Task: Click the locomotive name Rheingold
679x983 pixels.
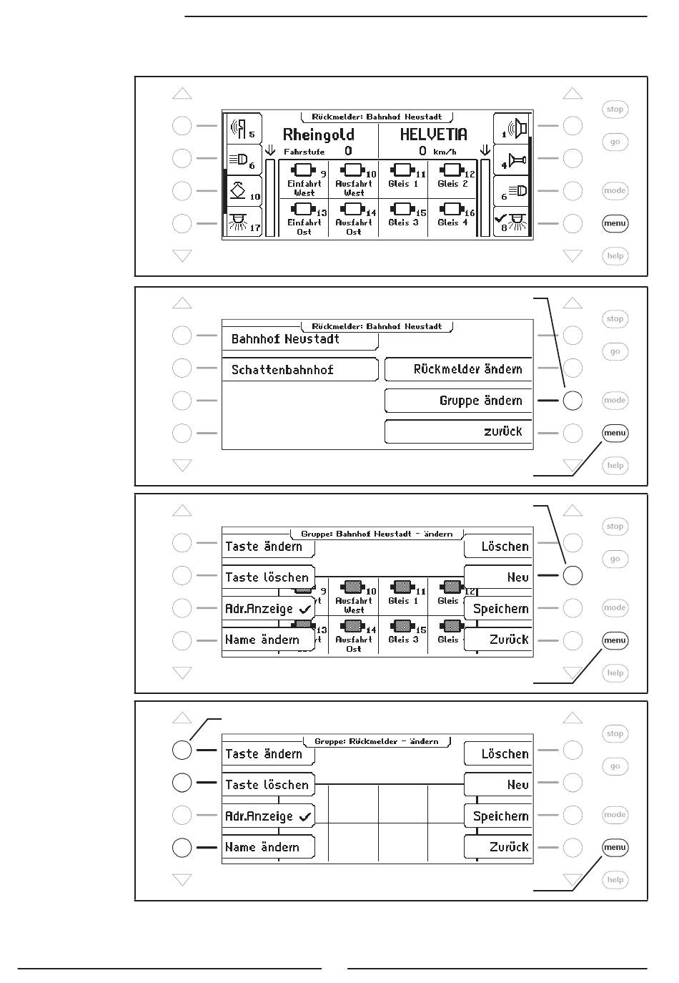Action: tap(318, 135)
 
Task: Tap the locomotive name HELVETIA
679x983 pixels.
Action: tap(433, 134)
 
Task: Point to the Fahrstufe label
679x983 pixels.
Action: tap(304, 152)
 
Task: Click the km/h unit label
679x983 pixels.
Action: tap(445, 152)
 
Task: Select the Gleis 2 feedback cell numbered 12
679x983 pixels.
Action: tap(453, 177)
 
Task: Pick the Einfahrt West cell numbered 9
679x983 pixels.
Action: tap(304, 179)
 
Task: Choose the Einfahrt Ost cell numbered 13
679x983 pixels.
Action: tap(304, 217)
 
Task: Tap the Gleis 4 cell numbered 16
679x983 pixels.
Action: tap(453, 216)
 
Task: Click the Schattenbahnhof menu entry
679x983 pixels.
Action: tap(299, 370)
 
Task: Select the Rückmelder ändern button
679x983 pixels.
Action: tap(459, 369)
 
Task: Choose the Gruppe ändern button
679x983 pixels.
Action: tap(459, 401)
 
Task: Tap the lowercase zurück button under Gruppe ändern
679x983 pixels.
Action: tap(459, 431)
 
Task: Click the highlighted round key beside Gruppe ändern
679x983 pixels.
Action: tap(573, 401)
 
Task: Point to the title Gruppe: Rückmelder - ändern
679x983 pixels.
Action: tap(377, 742)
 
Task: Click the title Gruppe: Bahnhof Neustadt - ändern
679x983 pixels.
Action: tap(377, 534)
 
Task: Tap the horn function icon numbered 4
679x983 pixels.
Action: tap(512, 159)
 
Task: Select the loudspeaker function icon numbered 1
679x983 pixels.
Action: tap(512, 129)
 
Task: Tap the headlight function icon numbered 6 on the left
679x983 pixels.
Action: tap(244, 160)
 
